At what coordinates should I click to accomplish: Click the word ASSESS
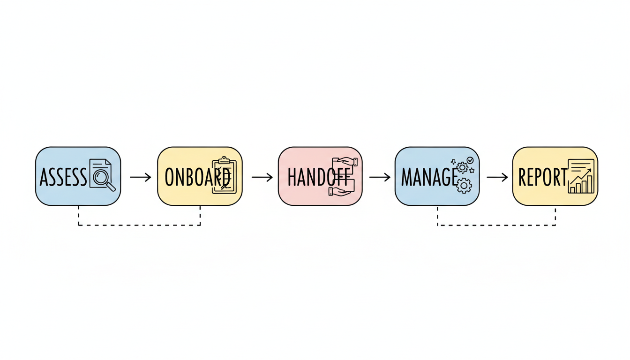click(63, 177)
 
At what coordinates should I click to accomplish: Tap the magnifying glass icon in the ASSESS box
click(101, 177)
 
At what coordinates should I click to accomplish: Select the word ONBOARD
click(197, 177)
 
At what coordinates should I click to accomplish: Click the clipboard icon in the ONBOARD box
click(224, 175)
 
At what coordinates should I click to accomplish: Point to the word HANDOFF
click(318, 177)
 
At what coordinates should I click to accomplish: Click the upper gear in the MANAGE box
click(462, 168)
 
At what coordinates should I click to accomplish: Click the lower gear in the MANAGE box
click(464, 186)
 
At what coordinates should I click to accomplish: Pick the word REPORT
click(542, 177)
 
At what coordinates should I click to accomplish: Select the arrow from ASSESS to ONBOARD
click(140, 177)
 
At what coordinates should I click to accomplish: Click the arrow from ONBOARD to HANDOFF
click(262, 177)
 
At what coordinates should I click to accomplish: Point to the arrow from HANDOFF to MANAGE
click(380, 177)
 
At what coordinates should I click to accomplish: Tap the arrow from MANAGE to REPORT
click(497, 177)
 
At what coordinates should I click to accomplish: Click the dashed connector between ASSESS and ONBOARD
click(139, 225)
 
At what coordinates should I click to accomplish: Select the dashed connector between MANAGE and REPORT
click(496, 225)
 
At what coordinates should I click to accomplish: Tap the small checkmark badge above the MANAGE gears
click(470, 160)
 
